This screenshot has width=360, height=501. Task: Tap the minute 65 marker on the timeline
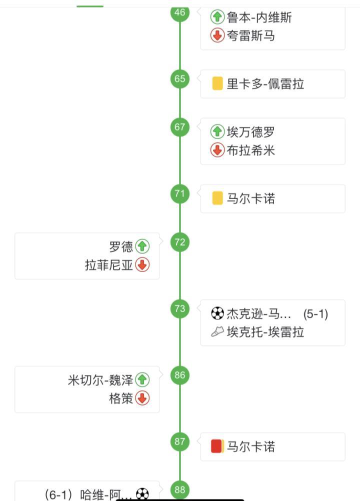[180, 79]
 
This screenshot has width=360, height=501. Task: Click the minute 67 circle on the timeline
[180, 127]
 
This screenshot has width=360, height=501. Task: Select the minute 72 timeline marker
[180, 242]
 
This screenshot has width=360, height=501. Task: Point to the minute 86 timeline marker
[180, 375]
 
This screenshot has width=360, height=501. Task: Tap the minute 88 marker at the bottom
[180, 490]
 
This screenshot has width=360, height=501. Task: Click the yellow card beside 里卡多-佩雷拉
[217, 83]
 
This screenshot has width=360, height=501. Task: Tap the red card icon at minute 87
[217, 446]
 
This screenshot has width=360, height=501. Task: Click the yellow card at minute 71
[217, 198]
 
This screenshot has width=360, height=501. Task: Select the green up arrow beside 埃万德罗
[217, 132]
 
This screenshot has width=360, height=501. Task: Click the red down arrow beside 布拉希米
[217, 150]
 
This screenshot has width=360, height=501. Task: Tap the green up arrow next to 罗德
[142, 246]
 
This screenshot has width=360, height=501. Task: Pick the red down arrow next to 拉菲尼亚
[142, 265]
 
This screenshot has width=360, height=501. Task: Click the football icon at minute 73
[217, 314]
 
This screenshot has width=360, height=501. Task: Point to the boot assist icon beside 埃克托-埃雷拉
[217, 332]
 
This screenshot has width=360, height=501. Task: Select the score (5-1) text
[315, 314]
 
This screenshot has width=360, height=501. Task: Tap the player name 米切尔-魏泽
[100, 380]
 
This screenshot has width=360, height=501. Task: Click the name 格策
[121, 398]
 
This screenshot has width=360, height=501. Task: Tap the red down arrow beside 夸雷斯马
[217, 35]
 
